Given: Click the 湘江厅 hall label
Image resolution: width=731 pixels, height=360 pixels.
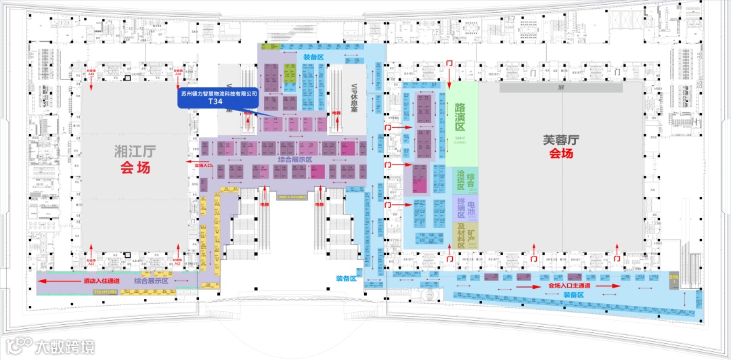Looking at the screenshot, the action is pos(133,150).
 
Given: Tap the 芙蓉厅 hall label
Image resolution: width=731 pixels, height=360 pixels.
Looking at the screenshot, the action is pos(561,141).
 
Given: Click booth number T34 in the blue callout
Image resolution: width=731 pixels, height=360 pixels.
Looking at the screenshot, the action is pos(215,102).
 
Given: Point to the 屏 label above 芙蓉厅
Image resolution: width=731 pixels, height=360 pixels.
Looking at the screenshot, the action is pos(560,88).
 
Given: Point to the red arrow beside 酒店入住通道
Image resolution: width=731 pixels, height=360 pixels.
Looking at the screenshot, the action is pos(58,281).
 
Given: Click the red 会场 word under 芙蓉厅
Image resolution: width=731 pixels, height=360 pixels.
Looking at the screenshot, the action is pos(561,154).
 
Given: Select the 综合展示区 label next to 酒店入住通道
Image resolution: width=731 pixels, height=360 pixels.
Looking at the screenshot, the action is pos(151,281).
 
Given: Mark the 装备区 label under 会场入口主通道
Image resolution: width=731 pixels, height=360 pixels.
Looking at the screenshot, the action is pos(573,295).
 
